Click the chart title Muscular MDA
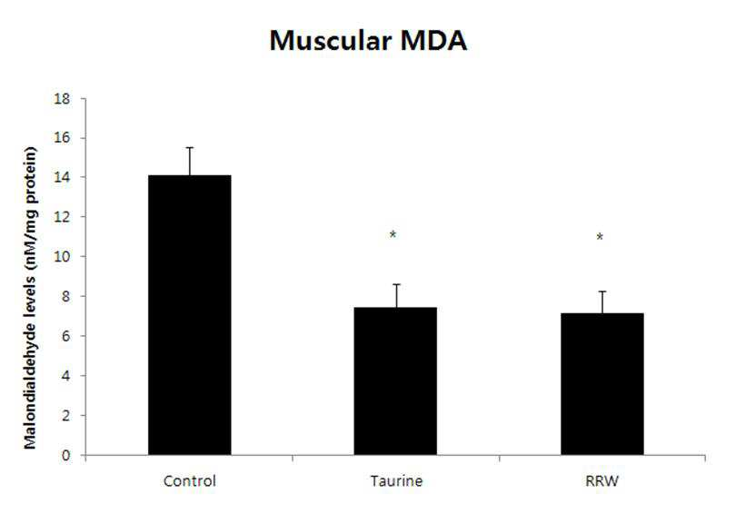pyautogui.click(x=368, y=41)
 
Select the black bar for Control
pyautogui.click(x=190, y=315)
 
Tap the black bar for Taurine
pyautogui.click(x=395, y=381)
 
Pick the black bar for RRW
pyautogui.click(x=602, y=384)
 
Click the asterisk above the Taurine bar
pyautogui.click(x=393, y=234)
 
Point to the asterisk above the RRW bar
pyautogui.click(x=600, y=237)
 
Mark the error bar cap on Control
pyautogui.click(x=190, y=148)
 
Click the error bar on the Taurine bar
pyautogui.click(x=397, y=295)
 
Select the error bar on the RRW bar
pyautogui.click(x=602, y=302)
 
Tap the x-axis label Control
pyautogui.click(x=190, y=481)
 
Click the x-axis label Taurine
pyautogui.click(x=397, y=481)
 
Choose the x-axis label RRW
pyautogui.click(x=602, y=481)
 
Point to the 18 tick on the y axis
pyautogui.click(x=63, y=99)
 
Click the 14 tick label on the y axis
pyautogui.click(x=63, y=177)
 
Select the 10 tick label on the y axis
pyautogui.click(x=63, y=256)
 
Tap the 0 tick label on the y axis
pyautogui.click(x=65, y=455)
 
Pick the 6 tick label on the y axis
pyautogui.click(x=65, y=336)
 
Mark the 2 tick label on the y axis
pyautogui.click(x=65, y=416)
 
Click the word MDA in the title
pyautogui.click(x=433, y=41)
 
